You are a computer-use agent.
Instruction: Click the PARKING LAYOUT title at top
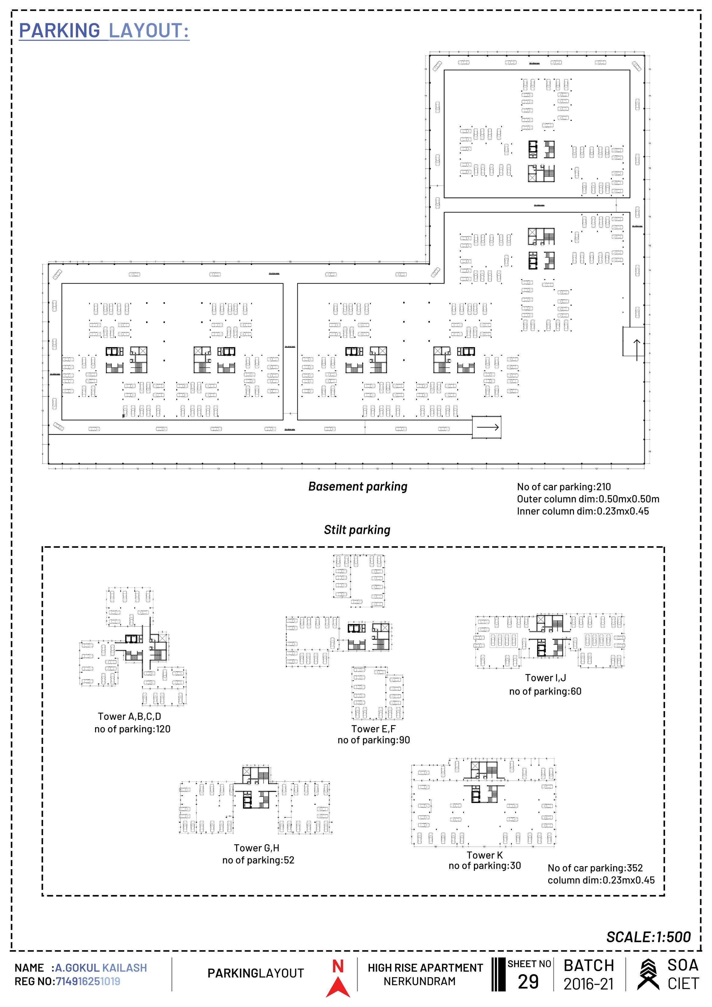tap(104, 31)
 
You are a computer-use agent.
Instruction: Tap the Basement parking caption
tap(358, 486)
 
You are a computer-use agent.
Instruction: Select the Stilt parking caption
tap(357, 530)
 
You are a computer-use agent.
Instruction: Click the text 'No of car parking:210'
tap(564, 487)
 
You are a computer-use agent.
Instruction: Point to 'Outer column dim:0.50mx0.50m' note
tap(588, 499)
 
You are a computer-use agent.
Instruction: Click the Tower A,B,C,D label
tap(129, 716)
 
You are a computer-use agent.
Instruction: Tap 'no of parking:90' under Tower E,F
tap(374, 740)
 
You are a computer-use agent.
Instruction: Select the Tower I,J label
tap(545, 678)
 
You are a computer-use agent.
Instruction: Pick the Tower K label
tap(485, 855)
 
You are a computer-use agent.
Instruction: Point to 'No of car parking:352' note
tap(595, 868)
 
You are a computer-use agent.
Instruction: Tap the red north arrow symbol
tap(338, 981)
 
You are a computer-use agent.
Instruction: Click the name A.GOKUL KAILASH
tap(101, 967)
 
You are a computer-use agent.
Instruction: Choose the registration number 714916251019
tap(88, 981)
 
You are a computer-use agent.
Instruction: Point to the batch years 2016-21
tap(588, 984)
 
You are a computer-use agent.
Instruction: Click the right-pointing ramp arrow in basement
tap(488, 427)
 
